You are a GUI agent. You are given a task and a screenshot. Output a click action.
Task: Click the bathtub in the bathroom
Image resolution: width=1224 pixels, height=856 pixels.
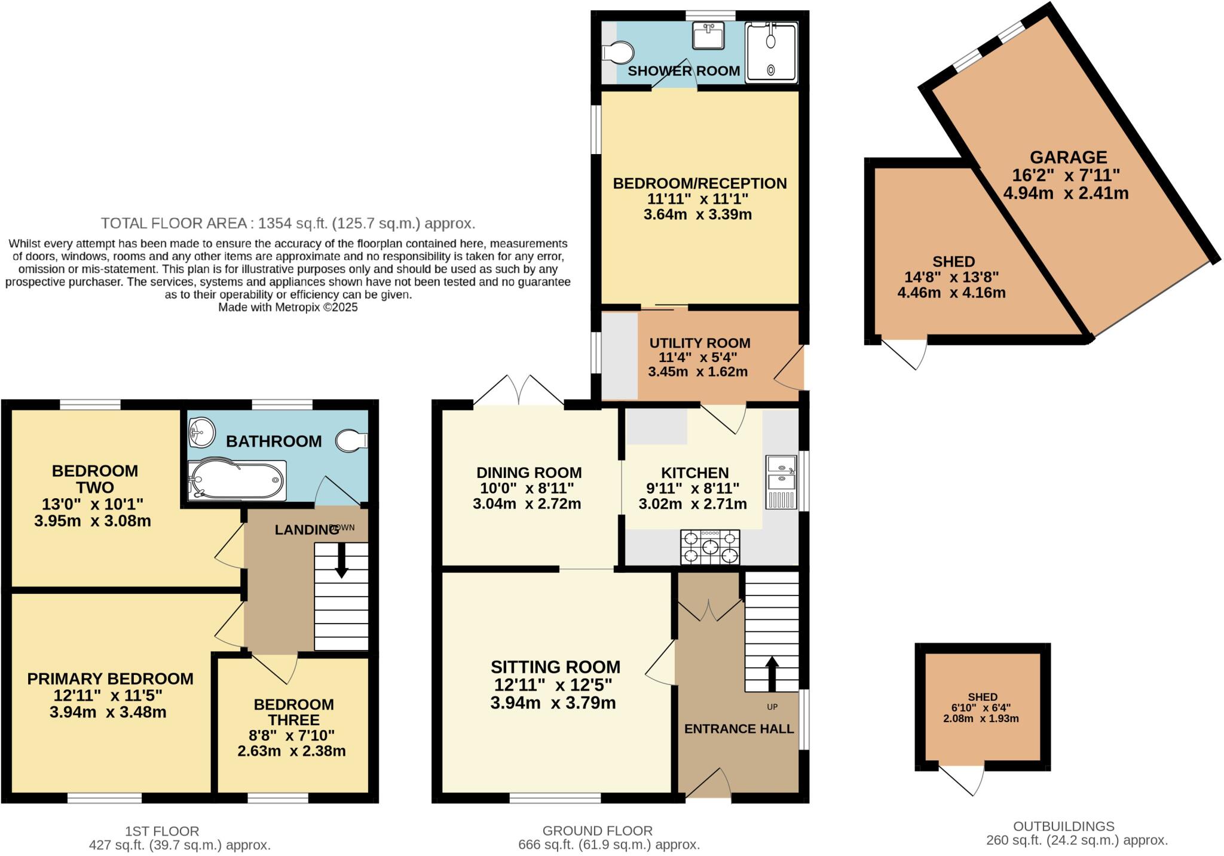click(237, 480)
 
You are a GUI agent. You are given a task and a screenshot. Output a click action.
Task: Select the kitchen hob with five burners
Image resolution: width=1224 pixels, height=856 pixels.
click(709, 547)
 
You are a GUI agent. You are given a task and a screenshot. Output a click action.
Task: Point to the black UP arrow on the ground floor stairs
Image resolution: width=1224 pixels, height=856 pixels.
click(772, 673)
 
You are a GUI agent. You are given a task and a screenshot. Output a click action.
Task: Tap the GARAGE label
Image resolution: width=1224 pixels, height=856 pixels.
click(1068, 158)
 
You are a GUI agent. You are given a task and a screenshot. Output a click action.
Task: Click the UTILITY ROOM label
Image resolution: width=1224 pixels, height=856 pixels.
click(699, 343)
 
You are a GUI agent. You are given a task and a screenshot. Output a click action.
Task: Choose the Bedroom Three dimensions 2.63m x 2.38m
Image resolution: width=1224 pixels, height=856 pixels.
click(292, 751)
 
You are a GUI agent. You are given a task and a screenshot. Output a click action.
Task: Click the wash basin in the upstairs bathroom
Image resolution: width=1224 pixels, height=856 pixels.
click(201, 432)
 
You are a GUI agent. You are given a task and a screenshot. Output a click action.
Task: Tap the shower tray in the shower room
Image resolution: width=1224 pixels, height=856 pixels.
click(771, 52)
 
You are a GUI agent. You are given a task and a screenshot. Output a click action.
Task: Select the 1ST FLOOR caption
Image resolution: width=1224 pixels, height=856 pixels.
click(162, 831)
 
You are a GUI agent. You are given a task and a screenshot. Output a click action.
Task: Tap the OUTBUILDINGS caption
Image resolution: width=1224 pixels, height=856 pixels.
click(1063, 826)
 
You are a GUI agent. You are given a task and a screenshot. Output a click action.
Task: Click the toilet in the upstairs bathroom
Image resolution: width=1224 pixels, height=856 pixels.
click(351, 441)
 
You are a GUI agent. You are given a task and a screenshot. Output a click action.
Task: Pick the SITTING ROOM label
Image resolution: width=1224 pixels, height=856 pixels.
click(555, 667)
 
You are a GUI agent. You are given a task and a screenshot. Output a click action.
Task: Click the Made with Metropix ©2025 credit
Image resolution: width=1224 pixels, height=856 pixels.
click(287, 308)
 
